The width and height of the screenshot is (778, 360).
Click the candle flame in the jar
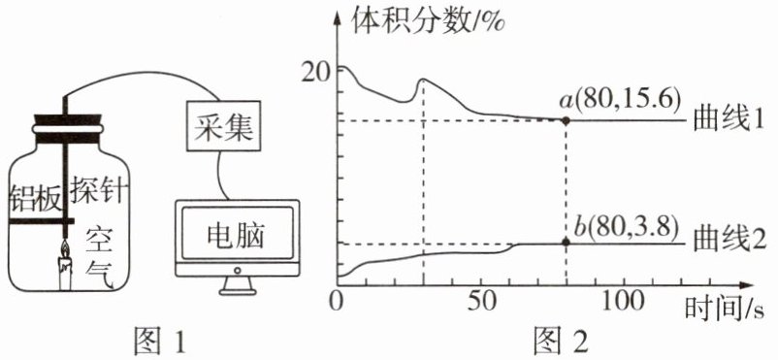[65, 247]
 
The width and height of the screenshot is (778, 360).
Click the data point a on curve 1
[566, 120]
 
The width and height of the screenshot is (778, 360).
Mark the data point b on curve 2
[566, 243]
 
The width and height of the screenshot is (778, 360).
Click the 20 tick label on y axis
[318, 74]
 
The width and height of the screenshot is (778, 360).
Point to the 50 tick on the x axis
[481, 302]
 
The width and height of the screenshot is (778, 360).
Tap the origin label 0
[337, 302]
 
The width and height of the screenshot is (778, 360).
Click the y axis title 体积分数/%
[428, 23]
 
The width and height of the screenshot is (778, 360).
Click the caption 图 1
[160, 343]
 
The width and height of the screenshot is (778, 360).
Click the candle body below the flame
[66, 274]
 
